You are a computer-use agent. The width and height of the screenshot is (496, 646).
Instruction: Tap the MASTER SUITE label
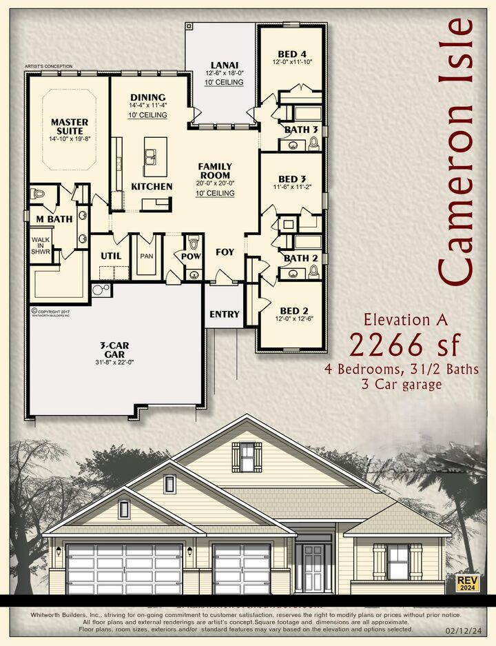pyautogui.click(x=70, y=126)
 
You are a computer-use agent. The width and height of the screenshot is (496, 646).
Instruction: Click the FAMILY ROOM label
pyautogui.click(x=215, y=171)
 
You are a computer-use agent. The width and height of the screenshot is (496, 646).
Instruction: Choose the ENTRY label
pyautogui.click(x=225, y=314)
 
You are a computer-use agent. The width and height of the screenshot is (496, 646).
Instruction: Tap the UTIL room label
pyautogui.click(x=111, y=256)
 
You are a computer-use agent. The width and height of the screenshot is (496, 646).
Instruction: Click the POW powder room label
pyautogui.click(x=191, y=256)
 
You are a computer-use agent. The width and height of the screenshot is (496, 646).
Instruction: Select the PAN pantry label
pyautogui.click(x=147, y=256)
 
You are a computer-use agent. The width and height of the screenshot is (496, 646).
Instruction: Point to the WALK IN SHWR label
pyautogui.click(x=41, y=246)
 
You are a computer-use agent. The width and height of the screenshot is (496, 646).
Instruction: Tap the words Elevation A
pyautogui.click(x=406, y=319)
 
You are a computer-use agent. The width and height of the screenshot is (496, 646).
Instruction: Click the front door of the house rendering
pyautogui.click(x=313, y=567)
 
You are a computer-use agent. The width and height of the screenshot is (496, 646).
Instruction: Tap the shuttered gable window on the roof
pyautogui.click(x=247, y=456)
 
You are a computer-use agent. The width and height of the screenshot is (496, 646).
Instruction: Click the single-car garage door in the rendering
pyautogui.click(x=242, y=569)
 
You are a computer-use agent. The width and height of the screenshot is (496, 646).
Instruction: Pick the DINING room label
pyautogui.click(x=147, y=97)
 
